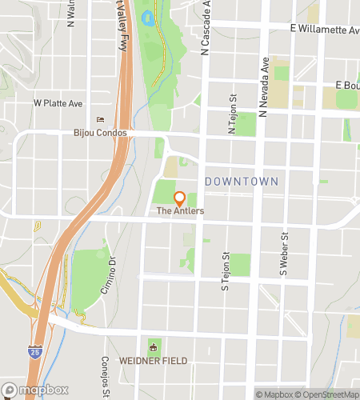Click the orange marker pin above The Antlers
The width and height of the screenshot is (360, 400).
pos(180,197)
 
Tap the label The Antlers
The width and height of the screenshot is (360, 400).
pos(180,211)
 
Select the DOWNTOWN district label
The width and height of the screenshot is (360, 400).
pos(242,182)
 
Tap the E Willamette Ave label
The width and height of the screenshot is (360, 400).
pos(325,30)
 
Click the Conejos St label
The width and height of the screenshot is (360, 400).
pos(105,377)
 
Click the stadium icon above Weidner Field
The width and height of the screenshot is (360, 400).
pos(153,346)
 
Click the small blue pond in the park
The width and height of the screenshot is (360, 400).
pos(147,17)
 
